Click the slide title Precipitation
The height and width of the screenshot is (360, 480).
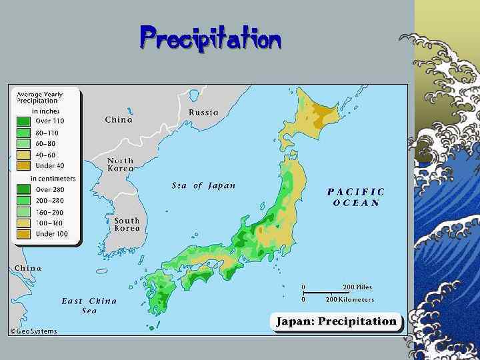(x=211, y=39)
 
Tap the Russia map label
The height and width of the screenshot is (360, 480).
(x=203, y=112)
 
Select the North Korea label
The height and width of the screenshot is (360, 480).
(x=121, y=165)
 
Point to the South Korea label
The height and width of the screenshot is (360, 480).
(x=127, y=224)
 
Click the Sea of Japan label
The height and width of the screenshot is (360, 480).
(x=203, y=185)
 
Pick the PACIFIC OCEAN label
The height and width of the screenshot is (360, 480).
(x=356, y=197)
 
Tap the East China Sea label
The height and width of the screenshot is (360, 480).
(x=89, y=305)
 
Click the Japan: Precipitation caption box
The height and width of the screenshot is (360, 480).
(x=337, y=321)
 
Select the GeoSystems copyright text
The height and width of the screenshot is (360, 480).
(x=33, y=331)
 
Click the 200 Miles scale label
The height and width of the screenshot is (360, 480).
(x=357, y=287)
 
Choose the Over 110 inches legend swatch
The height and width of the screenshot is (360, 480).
(x=23, y=121)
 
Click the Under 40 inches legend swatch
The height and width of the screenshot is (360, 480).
(x=23, y=165)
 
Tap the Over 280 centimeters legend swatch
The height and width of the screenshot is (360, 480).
(x=23, y=189)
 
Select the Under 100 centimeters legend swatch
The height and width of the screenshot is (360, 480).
(x=23, y=234)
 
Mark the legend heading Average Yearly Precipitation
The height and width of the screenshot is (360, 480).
(x=37, y=97)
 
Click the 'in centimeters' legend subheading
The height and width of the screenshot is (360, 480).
(x=53, y=178)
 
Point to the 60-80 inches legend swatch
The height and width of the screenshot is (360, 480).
(x=23, y=143)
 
